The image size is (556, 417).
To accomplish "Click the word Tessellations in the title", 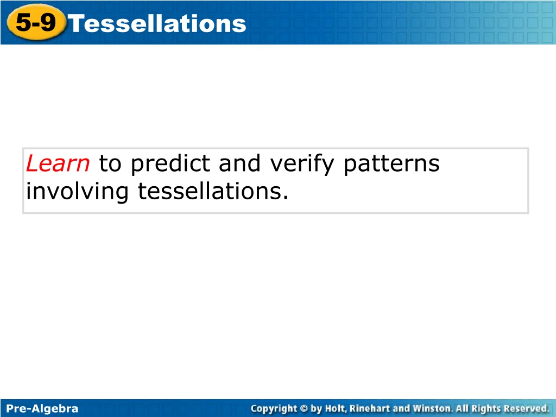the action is coord(157,24).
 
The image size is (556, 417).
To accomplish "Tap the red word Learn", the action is coord(58,163).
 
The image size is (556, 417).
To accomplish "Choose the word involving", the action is coord(77,192).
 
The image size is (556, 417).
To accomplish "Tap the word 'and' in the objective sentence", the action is coord(239,163).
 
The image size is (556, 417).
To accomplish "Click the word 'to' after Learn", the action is coord(110,164).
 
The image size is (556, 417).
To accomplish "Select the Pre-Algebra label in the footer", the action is coord(42,408).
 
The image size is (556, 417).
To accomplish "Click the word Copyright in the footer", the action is coord(274,409).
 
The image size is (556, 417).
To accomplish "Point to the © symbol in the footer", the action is coord(304,409).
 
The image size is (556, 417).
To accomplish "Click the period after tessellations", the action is coord(286,198).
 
